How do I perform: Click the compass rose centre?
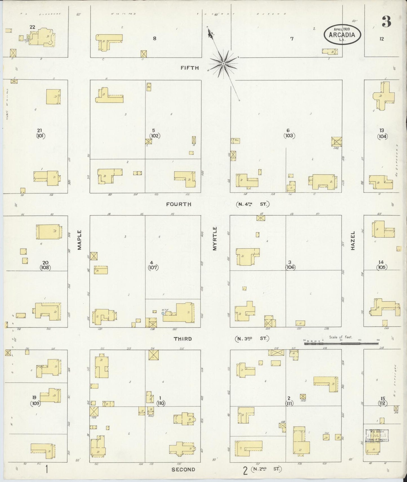coord(223,64)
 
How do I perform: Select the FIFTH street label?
coord(190,68)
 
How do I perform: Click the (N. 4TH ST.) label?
coord(252,204)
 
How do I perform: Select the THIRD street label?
coord(183,339)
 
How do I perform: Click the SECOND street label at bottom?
coord(183,469)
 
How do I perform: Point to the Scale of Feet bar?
coord(341,343)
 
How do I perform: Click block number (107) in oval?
coord(153,268)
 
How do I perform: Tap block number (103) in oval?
coord(289,136)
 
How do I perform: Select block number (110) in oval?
coord(161,403)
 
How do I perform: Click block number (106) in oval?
coord(290,267)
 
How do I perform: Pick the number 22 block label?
coord(32,27)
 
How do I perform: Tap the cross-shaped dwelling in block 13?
coord(383,96)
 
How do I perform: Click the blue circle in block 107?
coord(163,313)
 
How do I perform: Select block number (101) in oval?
coord(41,136)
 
